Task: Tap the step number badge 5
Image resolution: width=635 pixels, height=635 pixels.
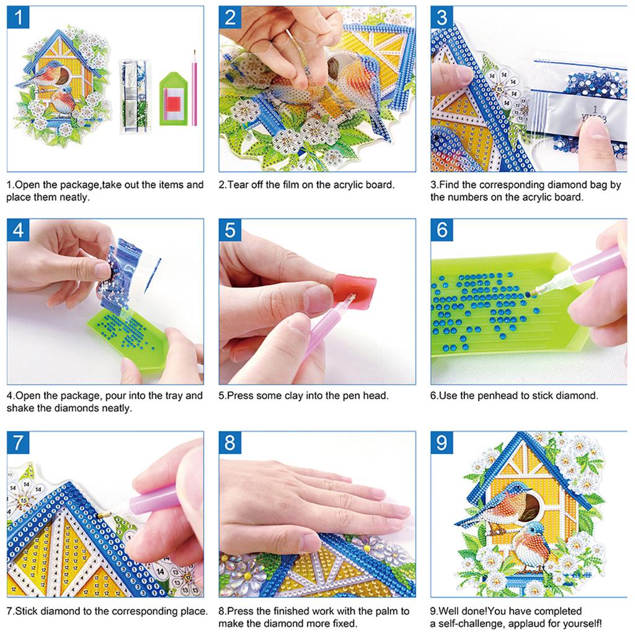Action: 230,230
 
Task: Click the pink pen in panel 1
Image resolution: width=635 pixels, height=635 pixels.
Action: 194,87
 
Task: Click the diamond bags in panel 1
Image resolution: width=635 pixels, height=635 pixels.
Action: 135,93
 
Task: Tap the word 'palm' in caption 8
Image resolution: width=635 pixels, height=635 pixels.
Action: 380,611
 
